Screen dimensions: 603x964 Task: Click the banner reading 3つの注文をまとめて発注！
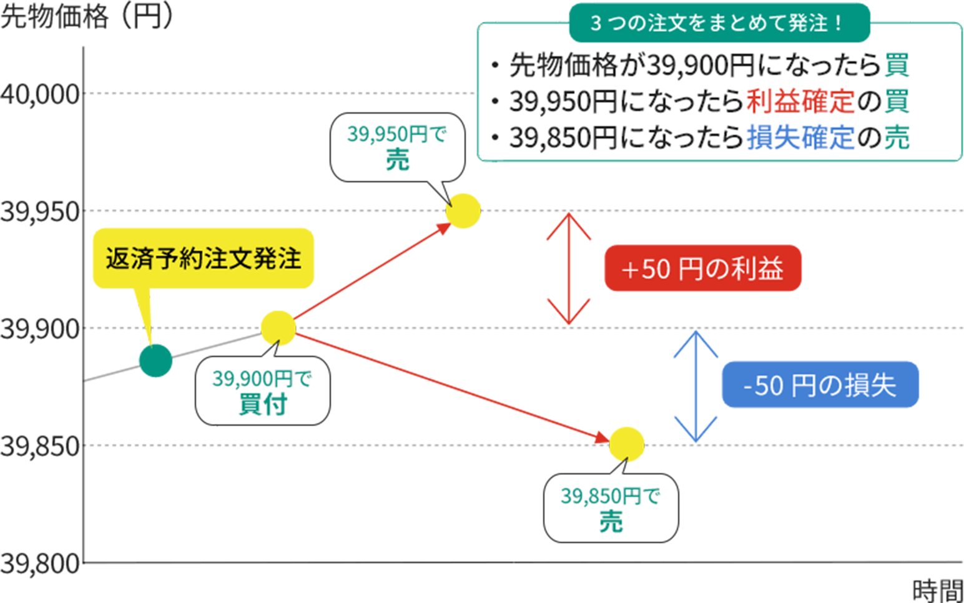point(719,23)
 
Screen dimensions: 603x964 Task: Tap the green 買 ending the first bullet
point(897,65)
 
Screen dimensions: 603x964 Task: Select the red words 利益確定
point(800,101)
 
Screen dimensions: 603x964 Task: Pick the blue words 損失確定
point(800,137)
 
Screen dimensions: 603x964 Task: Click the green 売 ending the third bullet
point(897,137)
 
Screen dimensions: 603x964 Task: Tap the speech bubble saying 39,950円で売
point(398,147)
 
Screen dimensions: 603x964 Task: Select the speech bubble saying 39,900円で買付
point(262,391)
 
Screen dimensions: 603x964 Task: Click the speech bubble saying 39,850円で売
point(611,509)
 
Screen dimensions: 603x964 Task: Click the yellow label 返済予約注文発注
point(203,258)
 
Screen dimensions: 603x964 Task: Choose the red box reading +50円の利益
point(702,270)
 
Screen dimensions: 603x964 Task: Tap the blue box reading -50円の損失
point(820,386)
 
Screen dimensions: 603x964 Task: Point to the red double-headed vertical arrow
point(568,268)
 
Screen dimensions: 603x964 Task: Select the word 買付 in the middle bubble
point(263,404)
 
